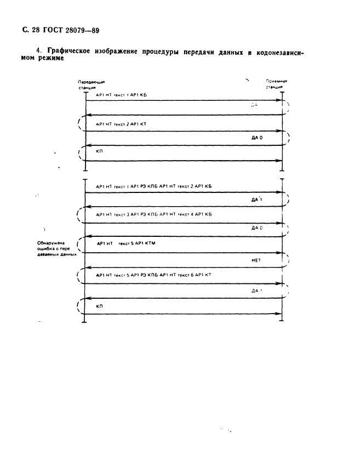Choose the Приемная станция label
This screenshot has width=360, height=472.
[277, 84]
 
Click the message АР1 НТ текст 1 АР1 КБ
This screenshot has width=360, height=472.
[121, 95]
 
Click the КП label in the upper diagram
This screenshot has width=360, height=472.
[99, 150]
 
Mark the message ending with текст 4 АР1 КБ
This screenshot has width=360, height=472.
[153, 214]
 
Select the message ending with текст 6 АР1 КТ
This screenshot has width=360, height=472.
[153, 275]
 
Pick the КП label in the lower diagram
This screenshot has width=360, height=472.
[99, 305]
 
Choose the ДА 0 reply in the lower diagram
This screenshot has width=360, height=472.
[257, 227]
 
